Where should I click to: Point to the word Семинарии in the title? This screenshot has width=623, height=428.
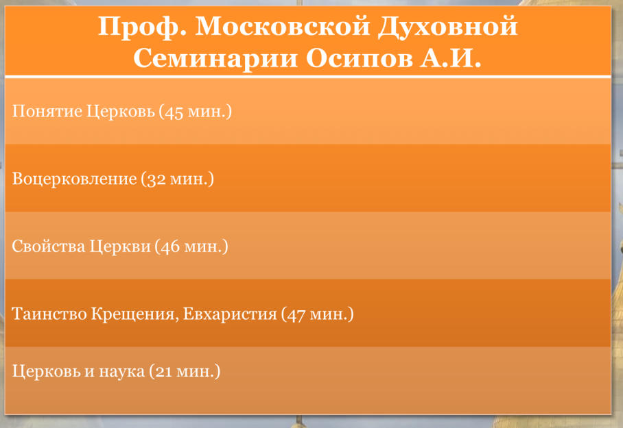click(215, 59)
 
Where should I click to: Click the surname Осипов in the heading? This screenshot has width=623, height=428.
click(360, 59)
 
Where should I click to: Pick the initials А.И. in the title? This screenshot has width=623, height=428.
click(451, 58)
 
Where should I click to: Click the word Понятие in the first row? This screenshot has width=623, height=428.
click(47, 112)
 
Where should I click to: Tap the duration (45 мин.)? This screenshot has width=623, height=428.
click(196, 112)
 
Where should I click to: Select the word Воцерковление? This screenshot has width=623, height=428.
click(74, 179)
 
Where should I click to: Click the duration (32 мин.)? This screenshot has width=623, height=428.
click(178, 179)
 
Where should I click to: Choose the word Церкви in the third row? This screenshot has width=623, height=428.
click(120, 247)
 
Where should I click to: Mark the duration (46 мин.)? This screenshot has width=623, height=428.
click(191, 247)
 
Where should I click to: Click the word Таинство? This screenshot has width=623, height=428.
click(49, 314)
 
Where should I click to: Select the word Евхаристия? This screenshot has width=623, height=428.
click(230, 314)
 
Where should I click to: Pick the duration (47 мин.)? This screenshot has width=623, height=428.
click(318, 314)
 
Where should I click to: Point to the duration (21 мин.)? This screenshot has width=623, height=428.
click(185, 372)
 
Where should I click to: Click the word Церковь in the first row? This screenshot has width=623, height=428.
click(120, 112)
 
